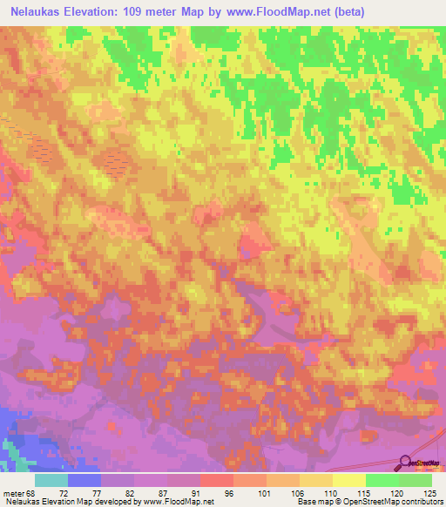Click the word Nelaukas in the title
[41, 11]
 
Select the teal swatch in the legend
[51, 480]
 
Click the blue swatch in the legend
[84, 480]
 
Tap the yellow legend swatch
[348, 480]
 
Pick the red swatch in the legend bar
[216, 480]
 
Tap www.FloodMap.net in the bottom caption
[179, 502]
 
